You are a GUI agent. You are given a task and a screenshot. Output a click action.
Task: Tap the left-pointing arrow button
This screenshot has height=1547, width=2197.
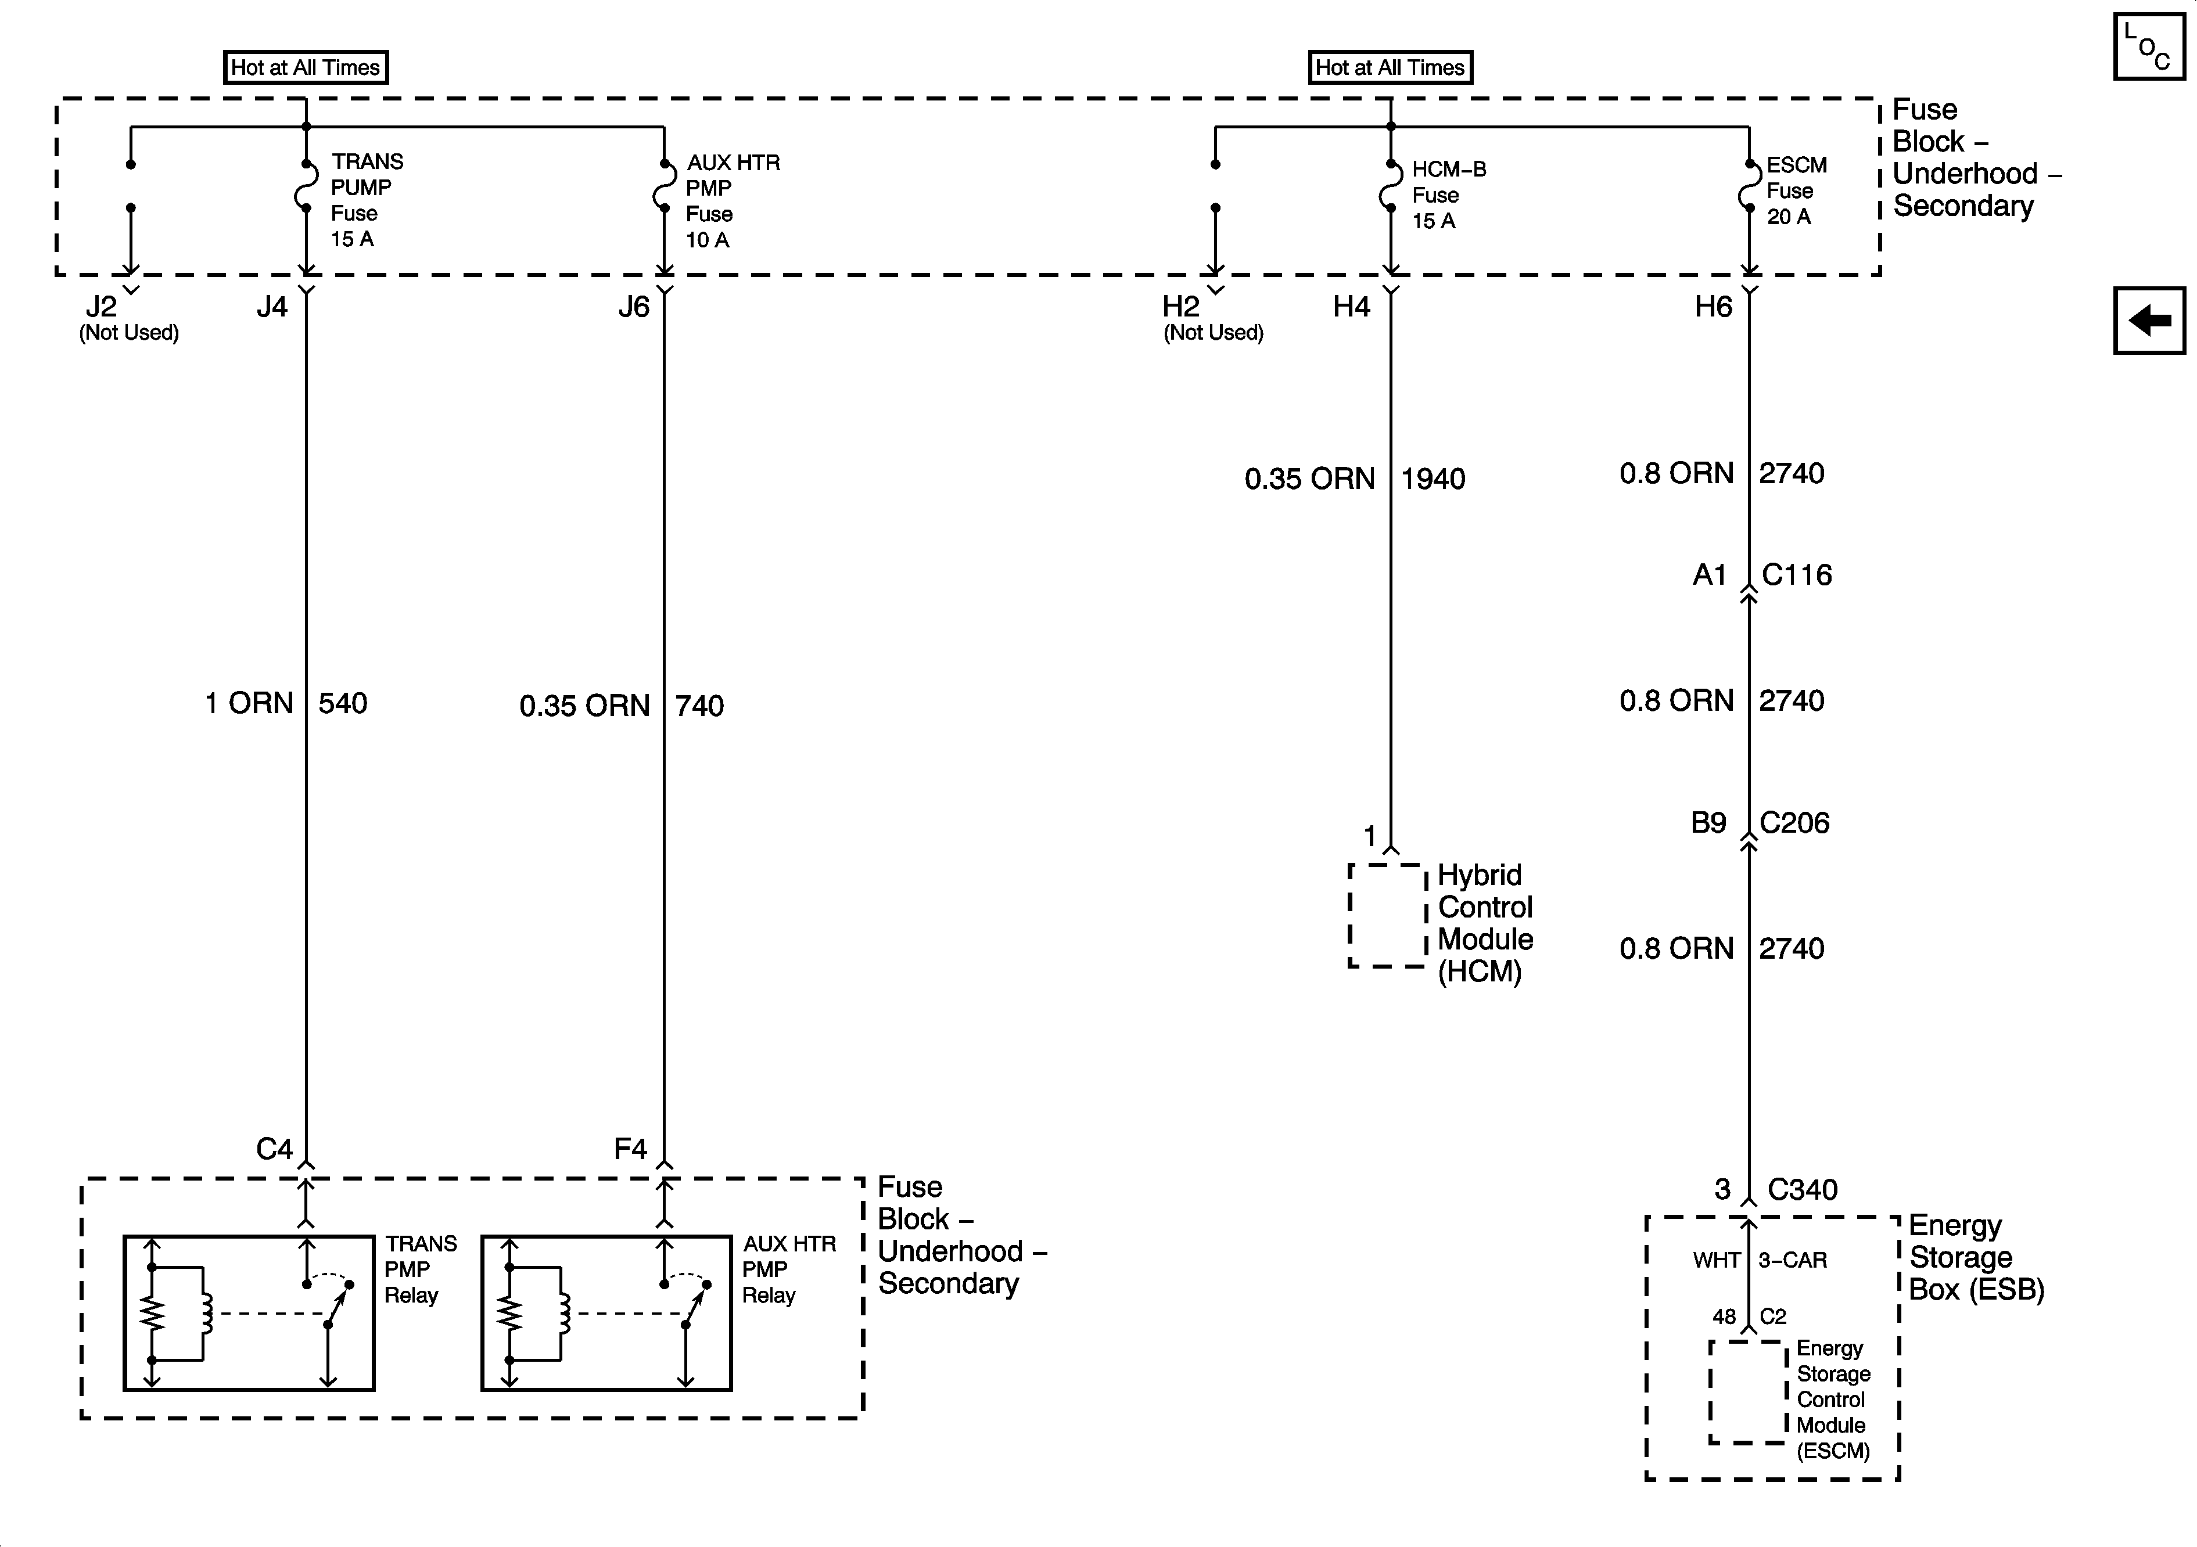point(2149,321)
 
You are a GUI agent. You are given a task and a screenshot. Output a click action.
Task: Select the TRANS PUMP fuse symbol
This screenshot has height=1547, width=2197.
point(305,186)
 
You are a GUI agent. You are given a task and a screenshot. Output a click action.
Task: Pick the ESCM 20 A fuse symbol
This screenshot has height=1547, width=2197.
point(1748,186)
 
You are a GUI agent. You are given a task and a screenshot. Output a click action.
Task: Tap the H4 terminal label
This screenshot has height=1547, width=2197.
point(1351,307)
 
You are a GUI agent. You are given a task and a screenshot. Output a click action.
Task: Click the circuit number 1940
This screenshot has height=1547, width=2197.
point(1433,479)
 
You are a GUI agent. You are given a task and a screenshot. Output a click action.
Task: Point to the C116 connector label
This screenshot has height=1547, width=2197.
point(1796,575)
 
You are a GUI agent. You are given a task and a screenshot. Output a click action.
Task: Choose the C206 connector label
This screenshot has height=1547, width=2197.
point(1794,823)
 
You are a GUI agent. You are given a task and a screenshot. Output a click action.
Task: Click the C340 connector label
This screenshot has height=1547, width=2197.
point(1802,1189)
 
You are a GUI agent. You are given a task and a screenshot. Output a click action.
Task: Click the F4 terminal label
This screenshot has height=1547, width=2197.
point(631,1149)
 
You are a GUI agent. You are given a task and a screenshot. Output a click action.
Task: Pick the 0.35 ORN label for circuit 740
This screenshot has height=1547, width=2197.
point(584,706)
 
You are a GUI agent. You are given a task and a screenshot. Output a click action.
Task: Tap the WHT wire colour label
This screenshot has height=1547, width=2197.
point(1715,1260)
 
